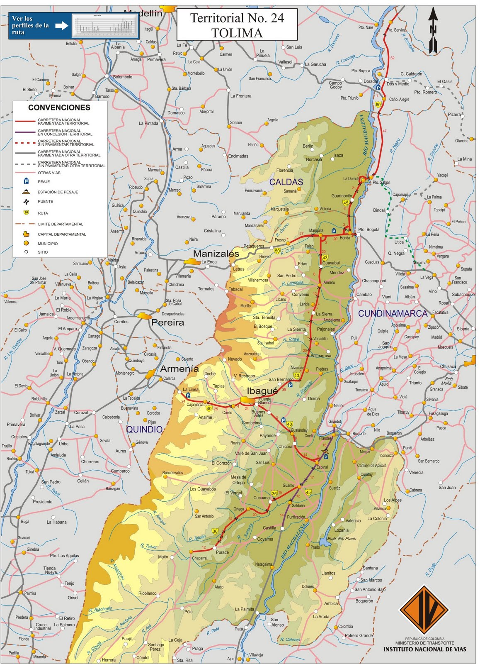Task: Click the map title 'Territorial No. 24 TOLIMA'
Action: pyautogui.click(x=237, y=25)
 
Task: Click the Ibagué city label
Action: pyautogui.click(x=262, y=391)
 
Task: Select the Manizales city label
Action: pyautogui.click(x=216, y=254)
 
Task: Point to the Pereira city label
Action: pyautogui.click(x=167, y=322)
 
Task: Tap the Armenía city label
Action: pyautogui.click(x=179, y=369)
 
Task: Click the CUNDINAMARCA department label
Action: pyautogui.click(x=393, y=313)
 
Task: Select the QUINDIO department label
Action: pyautogui.click(x=144, y=429)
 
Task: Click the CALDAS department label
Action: pyautogui.click(x=286, y=182)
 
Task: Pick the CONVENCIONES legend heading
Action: pyautogui.click(x=59, y=107)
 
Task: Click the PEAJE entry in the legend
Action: pyautogui.click(x=44, y=182)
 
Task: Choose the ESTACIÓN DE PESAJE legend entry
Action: pyautogui.click(x=58, y=192)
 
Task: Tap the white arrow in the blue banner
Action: pyautogui.click(x=61, y=26)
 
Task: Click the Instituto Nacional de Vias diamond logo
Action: pyautogui.click(x=424, y=610)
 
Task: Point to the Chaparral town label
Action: pyautogui.click(x=199, y=558)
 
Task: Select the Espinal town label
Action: pyautogui.click(x=322, y=467)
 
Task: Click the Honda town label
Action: pyautogui.click(x=345, y=238)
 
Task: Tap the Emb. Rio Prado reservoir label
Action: pyautogui.click(x=342, y=538)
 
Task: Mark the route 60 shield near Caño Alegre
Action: pyautogui.click(x=378, y=105)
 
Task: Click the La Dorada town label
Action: pyautogui.click(x=351, y=178)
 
